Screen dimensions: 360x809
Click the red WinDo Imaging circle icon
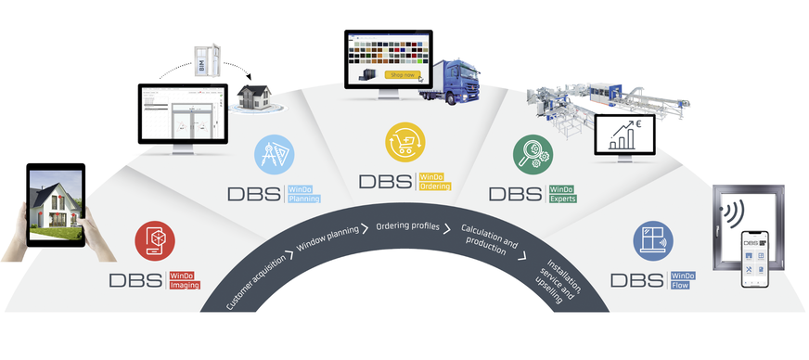(x=155, y=240)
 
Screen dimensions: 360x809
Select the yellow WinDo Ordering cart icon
(x=404, y=145)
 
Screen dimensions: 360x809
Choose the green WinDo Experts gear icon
(x=533, y=154)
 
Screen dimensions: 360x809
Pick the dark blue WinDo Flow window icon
(x=654, y=240)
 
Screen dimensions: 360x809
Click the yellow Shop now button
(x=402, y=74)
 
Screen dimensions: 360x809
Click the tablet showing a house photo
(x=56, y=205)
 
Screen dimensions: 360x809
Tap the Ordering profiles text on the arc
(x=404, y=225)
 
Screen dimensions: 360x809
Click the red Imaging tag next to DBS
(x=184, y=285)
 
